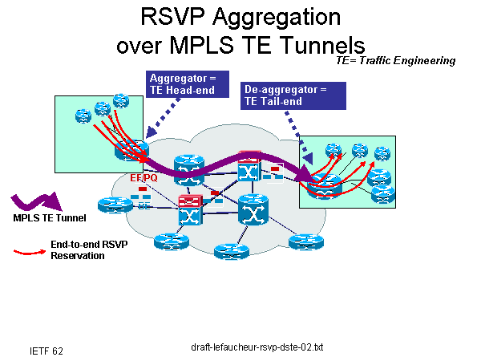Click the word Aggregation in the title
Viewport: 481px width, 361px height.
click(x=272, y=17)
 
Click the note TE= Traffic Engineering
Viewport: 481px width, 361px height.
click(x=396, y=60)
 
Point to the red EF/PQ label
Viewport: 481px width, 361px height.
click(x=143, y=177)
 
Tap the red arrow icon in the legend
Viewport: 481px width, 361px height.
click(x=30, y=252)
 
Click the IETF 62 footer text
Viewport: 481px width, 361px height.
click(x=46, y=351)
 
